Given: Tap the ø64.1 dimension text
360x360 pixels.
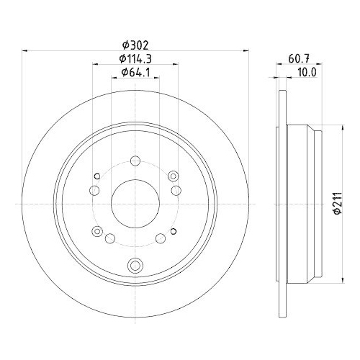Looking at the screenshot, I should (x=135, y=73).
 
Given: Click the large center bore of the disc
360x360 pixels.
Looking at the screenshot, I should (x=134, y=203).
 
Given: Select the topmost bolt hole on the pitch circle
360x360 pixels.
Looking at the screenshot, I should (x=134, y=162).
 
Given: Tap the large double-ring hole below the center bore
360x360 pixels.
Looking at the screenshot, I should (x=134, y=265).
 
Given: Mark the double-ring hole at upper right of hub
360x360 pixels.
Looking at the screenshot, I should (x=172, y=176).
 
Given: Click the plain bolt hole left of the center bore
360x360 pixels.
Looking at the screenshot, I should (x=94, y=190).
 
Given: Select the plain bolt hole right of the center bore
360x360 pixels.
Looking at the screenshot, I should (x=175, y=190).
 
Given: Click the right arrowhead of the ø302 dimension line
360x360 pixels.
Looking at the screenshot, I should (x=243, y=50).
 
